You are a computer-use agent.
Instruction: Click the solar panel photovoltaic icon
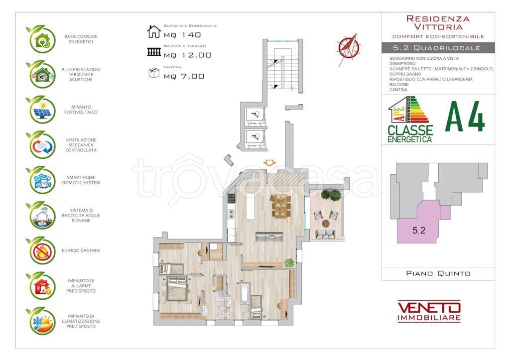[x=42, y=110]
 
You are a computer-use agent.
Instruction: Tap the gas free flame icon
[x=42, y=251]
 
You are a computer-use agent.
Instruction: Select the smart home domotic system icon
[x=42, y=180]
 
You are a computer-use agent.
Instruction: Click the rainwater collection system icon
[x=42, y=215]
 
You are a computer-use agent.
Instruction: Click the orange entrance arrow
[x=269, y=163]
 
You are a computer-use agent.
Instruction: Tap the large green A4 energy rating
[x=465, y=117]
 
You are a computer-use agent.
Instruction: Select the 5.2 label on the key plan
[x=418, y=231]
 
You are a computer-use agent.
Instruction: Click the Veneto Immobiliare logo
[x=429, y=311]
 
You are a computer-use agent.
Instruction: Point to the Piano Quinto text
[x=438, y=273]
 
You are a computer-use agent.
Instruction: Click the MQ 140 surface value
[x=182, y=35]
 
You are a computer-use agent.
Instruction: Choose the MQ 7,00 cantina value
[x=184, y=76]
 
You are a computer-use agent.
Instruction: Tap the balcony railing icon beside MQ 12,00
[x=154, y=52]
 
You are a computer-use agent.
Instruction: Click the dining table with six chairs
[x=280, y=206]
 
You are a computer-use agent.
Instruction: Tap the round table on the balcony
[x=326, y=224]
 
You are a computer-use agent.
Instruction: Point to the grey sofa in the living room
[x=269, y=237]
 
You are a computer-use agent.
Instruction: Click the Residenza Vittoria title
[x=438, y=23]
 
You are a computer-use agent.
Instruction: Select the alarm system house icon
[x=42, y=286]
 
